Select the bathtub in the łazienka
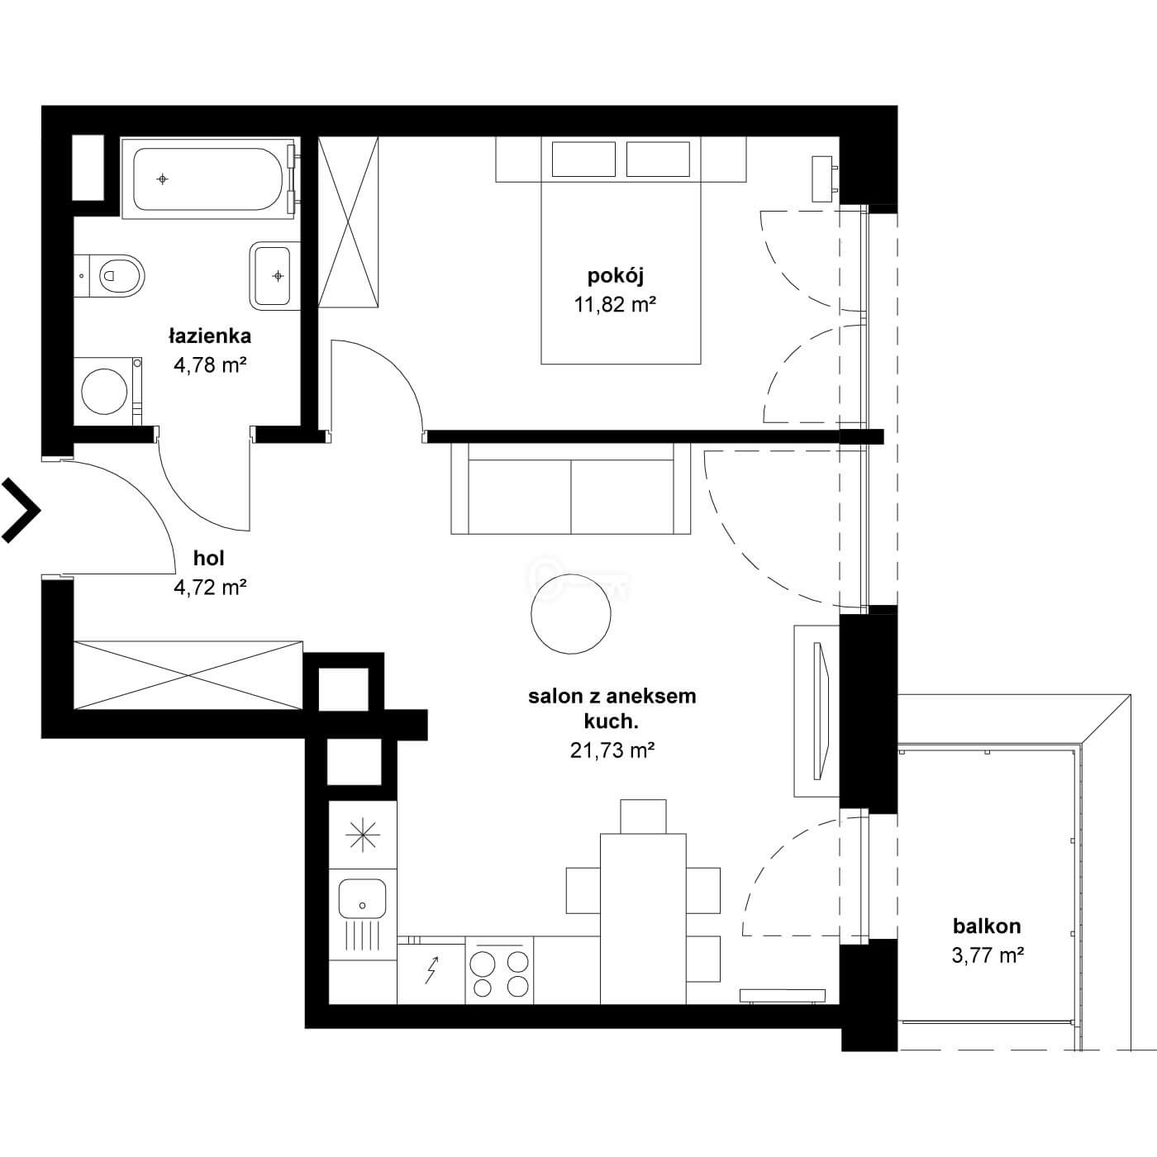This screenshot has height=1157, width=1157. tap(207, 179)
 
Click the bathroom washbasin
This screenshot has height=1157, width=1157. tap(274, 275)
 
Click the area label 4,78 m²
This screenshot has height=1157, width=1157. tap(210, 365)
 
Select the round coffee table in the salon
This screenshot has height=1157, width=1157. tap(571, 614)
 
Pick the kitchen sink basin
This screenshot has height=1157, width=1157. tap(362, 899)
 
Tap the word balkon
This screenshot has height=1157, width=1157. tap(987, 926)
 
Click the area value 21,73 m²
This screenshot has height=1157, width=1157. tap(612, 750)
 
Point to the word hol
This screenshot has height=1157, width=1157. tap(209, 559)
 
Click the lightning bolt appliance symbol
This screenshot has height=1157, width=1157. tap(431, 972)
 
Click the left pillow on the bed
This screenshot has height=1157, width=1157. tap(583, 160)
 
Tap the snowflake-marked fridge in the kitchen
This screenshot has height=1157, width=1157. tap(363, 836)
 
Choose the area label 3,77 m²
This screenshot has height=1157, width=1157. tap(988, 955)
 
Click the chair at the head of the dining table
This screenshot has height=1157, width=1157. tap(643, 816)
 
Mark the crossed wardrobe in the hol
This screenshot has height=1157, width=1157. tap(188, 675)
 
